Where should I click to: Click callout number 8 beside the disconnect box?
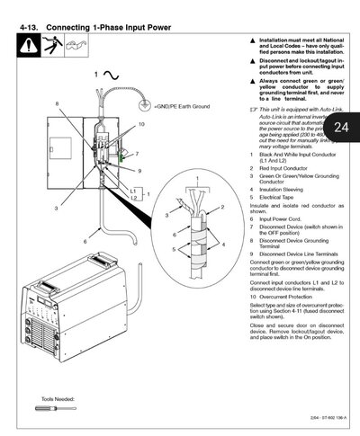click(56, 104)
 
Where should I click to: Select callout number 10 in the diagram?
click(142, 123)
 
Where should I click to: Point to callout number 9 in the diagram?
click(140, 169)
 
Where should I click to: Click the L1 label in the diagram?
click(131, 191)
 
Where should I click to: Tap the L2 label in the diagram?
click(133, 198)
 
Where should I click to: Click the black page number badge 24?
click(340, 128)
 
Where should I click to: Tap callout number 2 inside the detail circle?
click(222, 206)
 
